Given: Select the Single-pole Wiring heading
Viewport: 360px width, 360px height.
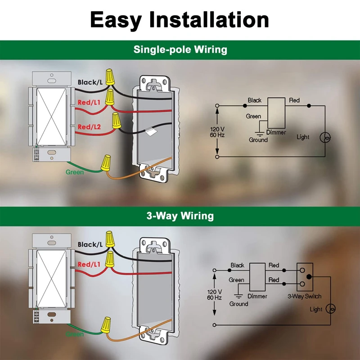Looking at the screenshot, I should pos(180,49).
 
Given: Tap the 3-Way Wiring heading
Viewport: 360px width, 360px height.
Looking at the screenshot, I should pos(180,216).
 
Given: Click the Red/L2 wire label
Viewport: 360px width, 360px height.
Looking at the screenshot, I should pos(89,127).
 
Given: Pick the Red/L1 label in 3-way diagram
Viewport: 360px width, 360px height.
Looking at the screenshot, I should pos(90,264).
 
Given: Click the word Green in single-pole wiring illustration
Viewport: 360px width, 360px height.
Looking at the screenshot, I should pos(75,172).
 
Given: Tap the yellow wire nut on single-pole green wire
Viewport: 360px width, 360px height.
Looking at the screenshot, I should pos(106,163).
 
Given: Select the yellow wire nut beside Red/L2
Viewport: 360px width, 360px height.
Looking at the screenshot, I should pos(116,121).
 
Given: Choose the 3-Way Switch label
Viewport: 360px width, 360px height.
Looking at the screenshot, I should pos(305,296).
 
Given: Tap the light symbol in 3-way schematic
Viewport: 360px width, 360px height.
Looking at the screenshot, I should pos(332,309).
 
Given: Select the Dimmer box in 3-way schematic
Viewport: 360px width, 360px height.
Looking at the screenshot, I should pos(257,277).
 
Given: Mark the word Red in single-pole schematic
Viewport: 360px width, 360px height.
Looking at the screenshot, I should pos(294,100).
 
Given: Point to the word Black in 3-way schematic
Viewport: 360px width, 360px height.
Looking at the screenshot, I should pos(237,265).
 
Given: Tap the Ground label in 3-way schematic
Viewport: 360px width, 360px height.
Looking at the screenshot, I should pos(239,304).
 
